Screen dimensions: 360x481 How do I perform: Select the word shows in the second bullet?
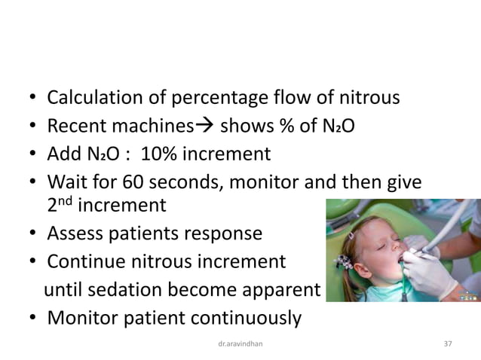[x=246, y=127]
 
